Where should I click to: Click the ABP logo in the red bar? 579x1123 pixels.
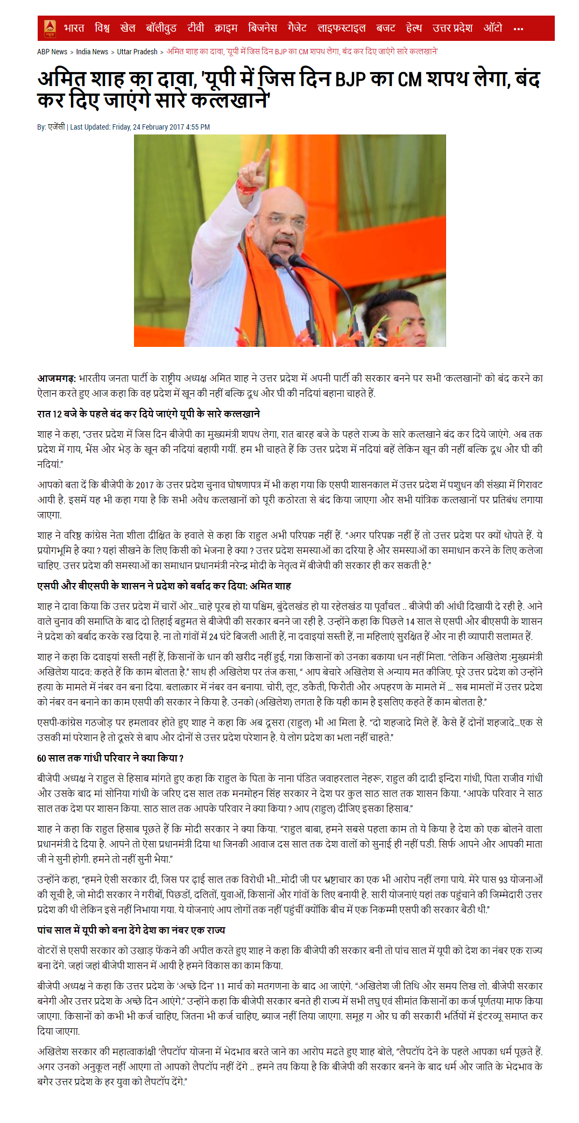[50, 28]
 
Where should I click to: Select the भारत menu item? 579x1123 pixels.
[74, 28]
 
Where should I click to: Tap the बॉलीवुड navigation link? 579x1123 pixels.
[161, 28]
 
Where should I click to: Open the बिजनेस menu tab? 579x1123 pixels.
[262, 28]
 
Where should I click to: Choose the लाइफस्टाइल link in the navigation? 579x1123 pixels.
[341, 28]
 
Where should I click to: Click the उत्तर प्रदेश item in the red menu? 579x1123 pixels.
[452, 28]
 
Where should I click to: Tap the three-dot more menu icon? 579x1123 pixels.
[518, 29]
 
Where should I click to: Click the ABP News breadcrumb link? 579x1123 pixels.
[52, 52]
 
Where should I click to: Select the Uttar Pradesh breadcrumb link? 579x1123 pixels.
[137, 52]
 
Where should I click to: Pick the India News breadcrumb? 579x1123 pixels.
[92, 52]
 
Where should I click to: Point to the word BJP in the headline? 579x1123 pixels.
[350, 80]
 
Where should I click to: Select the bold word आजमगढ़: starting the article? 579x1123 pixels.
[57, 379]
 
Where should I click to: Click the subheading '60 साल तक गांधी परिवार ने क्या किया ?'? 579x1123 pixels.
[110, 758]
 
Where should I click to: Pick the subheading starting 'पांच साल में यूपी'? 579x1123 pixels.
[131, 930]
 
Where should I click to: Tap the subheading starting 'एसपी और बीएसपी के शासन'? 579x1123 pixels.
[164, 586]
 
